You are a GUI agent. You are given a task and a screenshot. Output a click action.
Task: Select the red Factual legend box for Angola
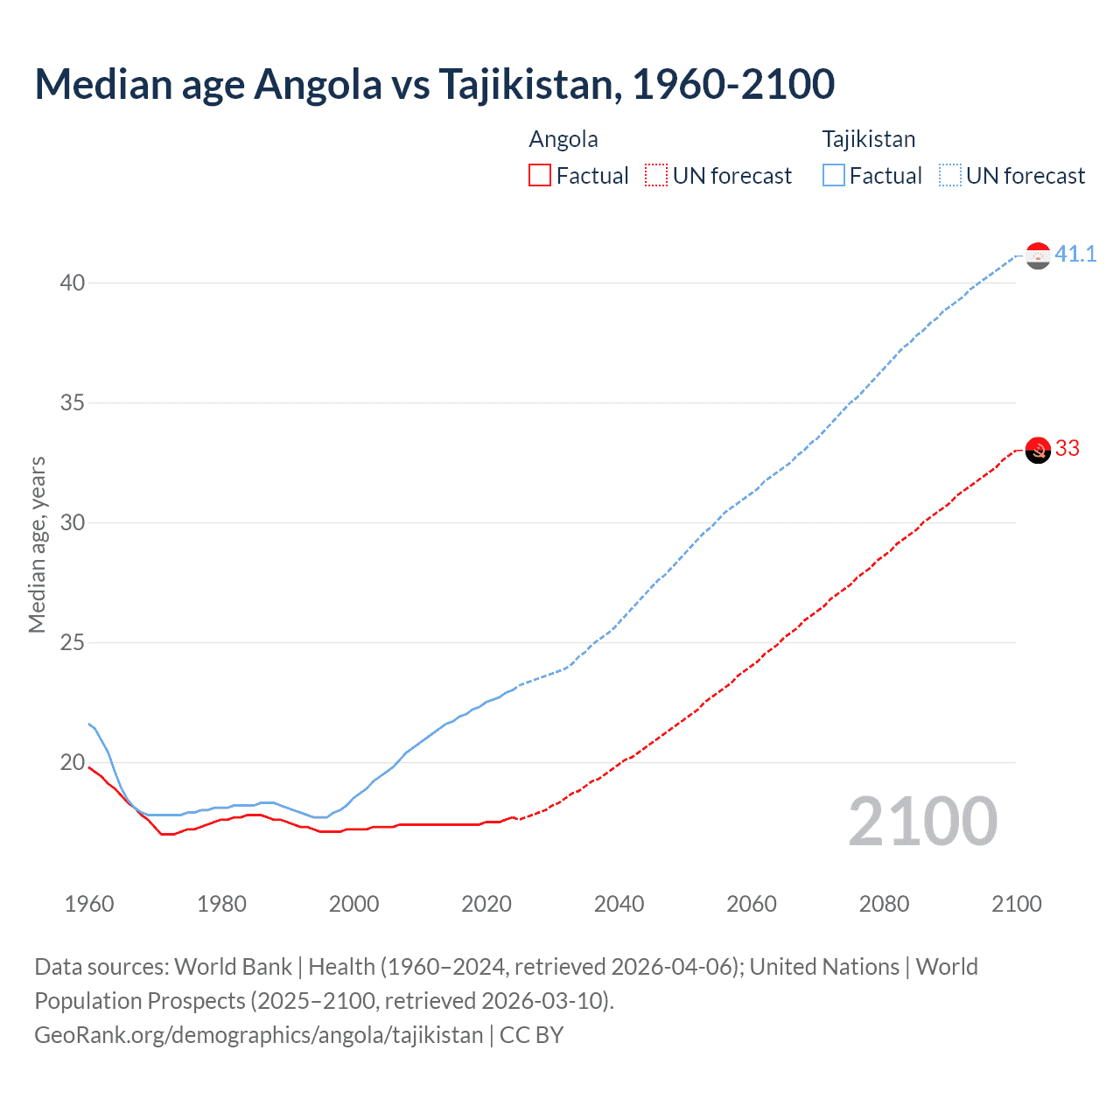[540, 175]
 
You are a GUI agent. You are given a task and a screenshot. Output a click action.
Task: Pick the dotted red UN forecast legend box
[656, 175]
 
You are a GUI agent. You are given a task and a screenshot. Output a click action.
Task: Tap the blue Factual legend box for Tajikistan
[833, 175]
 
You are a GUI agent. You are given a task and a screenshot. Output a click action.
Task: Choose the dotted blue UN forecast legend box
[949, 175]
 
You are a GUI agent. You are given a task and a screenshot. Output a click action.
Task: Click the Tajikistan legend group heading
[868, 139]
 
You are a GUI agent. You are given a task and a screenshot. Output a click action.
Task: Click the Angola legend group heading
[563, 139]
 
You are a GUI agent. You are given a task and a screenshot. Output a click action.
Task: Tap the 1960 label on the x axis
[89, 904]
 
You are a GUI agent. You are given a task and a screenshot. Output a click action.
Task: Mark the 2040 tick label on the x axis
[619, 904]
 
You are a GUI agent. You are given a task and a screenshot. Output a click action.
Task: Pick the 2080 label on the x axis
[884, 904]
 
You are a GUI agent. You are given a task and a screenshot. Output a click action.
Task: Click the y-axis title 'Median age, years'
[37, 544]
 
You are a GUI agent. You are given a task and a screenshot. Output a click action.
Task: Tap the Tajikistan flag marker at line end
[1038, 255]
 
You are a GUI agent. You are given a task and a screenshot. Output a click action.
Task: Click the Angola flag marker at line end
[1038, 450]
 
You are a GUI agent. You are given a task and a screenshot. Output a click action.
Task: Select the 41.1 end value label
[1075, 254]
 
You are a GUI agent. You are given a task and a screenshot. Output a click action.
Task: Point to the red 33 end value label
[1067, 448]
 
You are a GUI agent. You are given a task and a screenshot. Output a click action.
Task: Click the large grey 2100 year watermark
[922, 822]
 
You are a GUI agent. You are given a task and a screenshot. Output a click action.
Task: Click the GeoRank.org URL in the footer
[258, 1034]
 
